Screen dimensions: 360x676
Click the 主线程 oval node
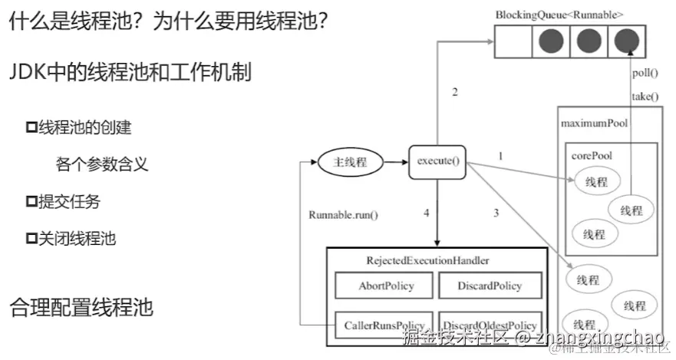[350, 162]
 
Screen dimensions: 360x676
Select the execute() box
[437, 162]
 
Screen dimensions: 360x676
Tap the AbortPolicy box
[385, 286]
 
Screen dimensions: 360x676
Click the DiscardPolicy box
[490, 286]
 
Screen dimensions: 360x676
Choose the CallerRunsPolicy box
[385, 325]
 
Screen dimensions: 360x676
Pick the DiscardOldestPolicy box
[490, 325]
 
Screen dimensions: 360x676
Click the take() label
[645, 97]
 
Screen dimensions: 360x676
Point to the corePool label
[591, 155]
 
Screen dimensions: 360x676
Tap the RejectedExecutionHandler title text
[427, 261]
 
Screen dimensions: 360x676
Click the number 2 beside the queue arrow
[454, 93]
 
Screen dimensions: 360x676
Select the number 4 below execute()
[426, 213]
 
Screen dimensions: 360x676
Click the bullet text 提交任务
[69, 202]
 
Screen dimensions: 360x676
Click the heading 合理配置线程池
[81, 308]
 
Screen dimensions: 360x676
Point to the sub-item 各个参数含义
[102, 163]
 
